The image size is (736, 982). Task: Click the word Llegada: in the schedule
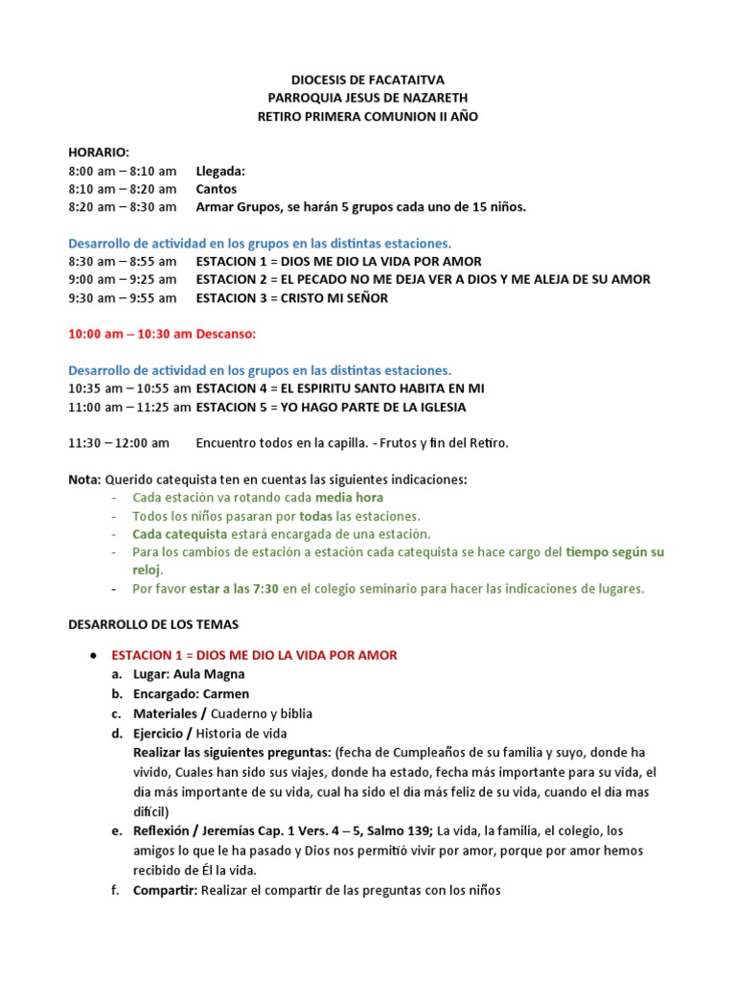click(220, 171)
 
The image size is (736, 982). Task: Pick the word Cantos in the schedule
click(217, 189)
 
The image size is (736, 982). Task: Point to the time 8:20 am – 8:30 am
click(123, 207)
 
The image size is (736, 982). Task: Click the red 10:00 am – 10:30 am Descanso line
click(163, 334)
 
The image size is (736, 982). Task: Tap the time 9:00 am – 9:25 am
click(123, 279)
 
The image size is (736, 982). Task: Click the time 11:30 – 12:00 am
click(119, 443)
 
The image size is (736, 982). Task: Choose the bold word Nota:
click(84, 479)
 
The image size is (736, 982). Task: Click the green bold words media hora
click(349, 498)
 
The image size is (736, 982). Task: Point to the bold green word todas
click(317, 516)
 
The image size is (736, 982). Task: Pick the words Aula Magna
click(211, 674)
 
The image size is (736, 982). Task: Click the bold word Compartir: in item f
click(164, 890)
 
